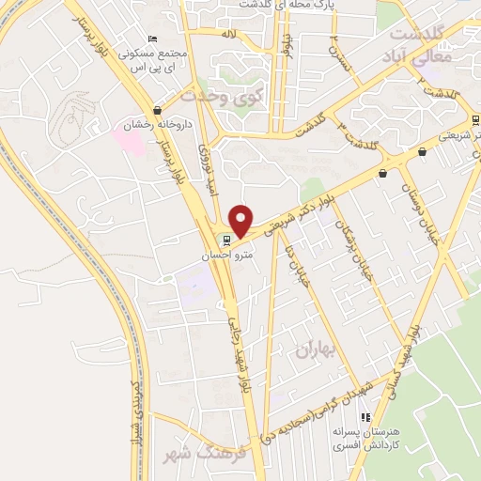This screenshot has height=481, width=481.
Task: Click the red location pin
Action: click(241, 220)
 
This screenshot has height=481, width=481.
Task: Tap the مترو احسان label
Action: click(221, 254)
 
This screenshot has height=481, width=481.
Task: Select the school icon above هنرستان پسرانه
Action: click(365, 417)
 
